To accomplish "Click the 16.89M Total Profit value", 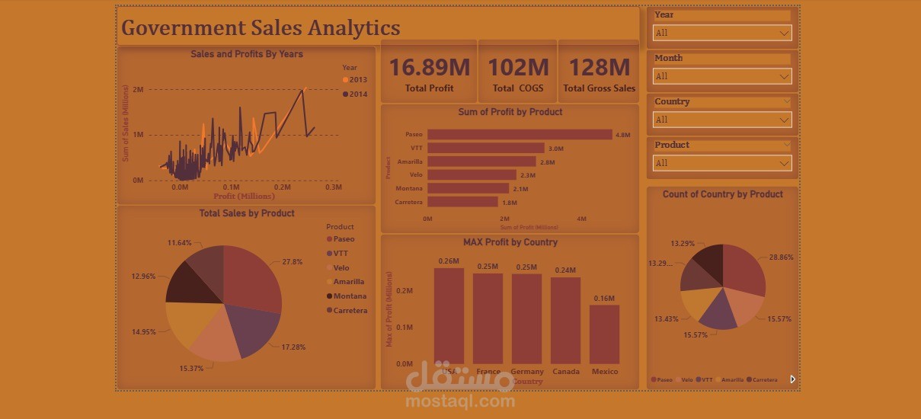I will pos(429,68).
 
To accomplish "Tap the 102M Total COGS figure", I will pos(518,68).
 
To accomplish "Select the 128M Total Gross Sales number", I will pos(599,68).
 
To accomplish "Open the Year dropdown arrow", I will pos(784,34).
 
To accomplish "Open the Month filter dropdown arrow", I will pos(784,77).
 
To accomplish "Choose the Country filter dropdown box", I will pos(722,120).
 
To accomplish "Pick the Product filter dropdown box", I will pos(722,163).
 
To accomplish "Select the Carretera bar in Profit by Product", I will pos(462,203).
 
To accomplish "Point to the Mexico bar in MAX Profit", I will pos(604,334).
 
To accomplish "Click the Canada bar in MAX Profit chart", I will pos(565,320).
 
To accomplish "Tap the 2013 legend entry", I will pos(355,80).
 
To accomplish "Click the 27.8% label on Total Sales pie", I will pos(292,261).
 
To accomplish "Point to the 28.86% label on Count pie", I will pos(781,257).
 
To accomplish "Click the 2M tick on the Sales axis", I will pos(138,90).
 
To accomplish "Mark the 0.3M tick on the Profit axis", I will pos(333,187).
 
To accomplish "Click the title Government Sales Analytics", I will pos(261,28).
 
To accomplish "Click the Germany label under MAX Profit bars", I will pos(528,372).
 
